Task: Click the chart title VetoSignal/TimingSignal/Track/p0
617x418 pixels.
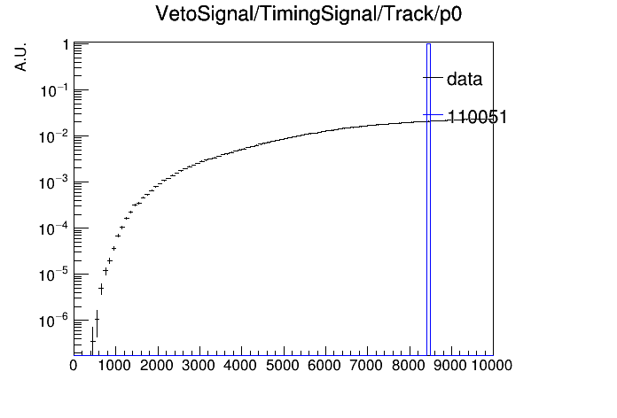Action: pos(308,14)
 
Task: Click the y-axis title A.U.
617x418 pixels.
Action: pos(20,57)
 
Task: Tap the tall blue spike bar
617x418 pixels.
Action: pos(428,199)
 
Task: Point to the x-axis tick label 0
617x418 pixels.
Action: pos(74,366)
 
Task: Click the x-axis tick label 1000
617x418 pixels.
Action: pos(114,366)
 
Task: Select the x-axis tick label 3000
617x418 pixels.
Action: pos(199,366)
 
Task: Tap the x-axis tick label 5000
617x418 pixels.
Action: pos(283,366)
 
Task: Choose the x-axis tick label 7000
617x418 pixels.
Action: pos(366,366)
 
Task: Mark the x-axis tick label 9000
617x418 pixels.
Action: pos(449,366)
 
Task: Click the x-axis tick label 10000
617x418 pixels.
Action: pos(492,366)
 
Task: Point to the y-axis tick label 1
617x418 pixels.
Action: pos(66,45)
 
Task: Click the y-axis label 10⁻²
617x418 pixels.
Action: pos(54,136)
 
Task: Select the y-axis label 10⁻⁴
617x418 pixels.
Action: pos(54,228)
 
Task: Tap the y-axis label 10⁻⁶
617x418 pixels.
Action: pos(54,320)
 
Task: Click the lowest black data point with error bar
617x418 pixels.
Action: pos(92,341)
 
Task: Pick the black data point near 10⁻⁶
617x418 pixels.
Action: pos(97,320)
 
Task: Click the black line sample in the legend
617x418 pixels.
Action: pos(433,77)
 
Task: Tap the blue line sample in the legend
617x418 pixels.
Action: pos(433,115)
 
